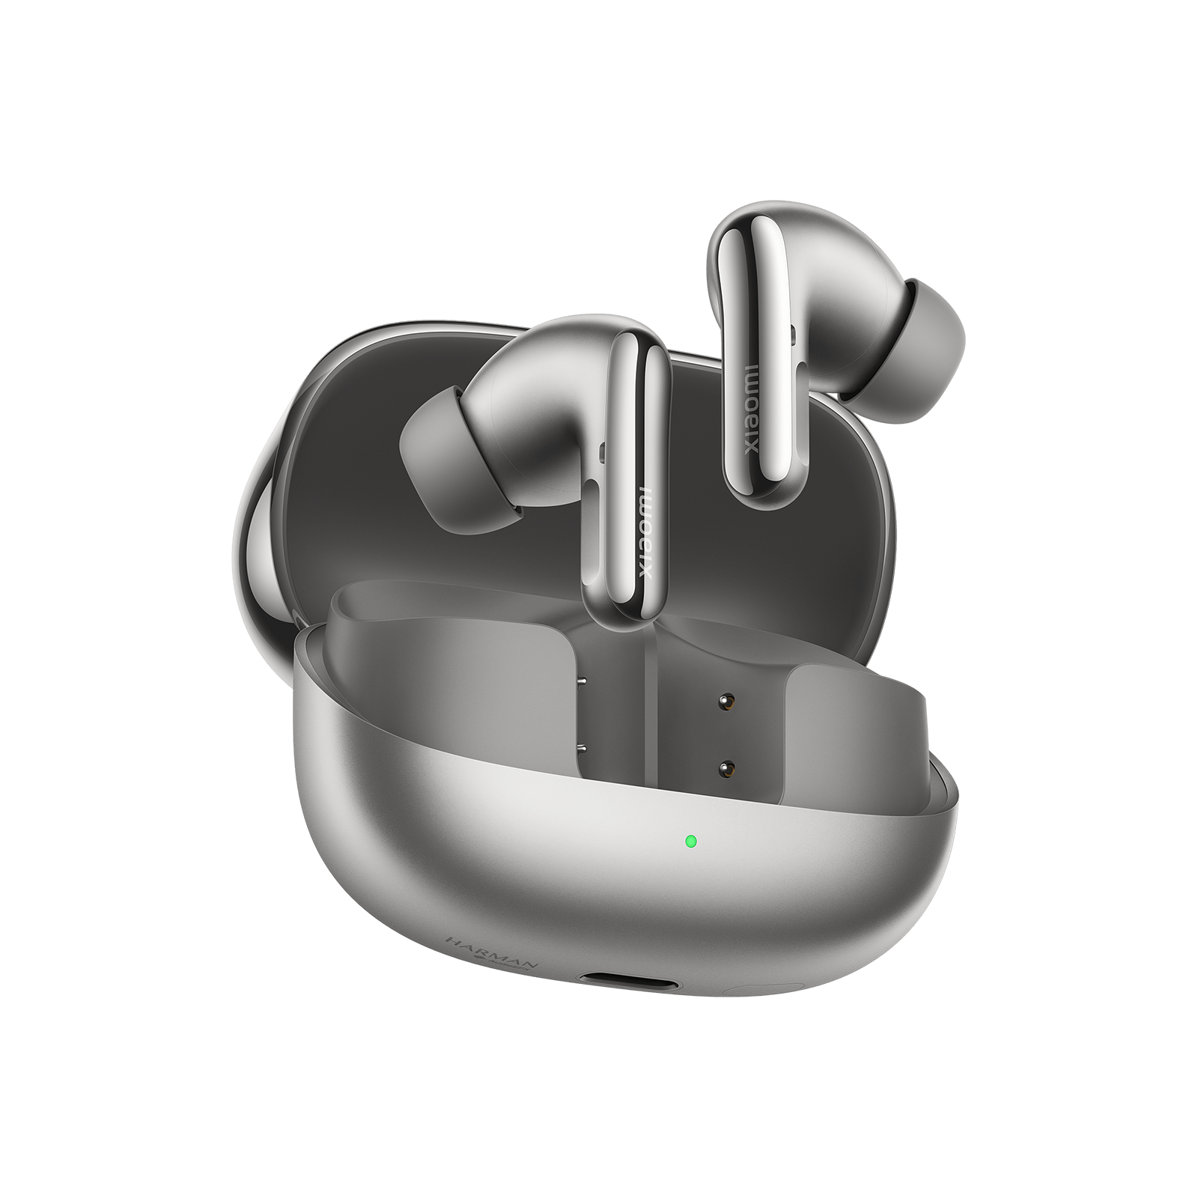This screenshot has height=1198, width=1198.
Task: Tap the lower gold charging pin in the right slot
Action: (725, 768)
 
